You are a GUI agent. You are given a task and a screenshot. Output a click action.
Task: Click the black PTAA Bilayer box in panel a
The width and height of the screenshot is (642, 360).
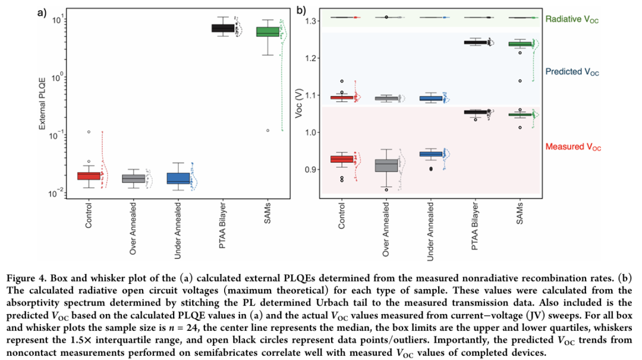pos(224,28)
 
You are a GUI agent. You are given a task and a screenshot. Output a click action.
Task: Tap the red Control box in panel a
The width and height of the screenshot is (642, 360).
pos(89,175)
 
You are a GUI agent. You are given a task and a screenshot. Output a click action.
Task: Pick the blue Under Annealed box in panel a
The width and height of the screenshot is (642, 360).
pos(178,178)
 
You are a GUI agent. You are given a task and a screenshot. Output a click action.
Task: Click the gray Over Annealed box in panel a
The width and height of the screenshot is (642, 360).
pos(133,178)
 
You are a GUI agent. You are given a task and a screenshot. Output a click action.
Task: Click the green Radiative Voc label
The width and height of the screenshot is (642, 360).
pos(572,19)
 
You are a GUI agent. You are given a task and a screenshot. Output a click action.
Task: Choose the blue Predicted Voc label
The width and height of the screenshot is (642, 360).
pos(572,72)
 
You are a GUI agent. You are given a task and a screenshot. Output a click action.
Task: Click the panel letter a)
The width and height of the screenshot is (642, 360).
pos(42,12)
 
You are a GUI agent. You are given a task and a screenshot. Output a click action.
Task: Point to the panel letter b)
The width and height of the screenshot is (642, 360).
pos(301,10)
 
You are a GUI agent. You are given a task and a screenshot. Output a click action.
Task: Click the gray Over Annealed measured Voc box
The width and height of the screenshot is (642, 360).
pos(386,165)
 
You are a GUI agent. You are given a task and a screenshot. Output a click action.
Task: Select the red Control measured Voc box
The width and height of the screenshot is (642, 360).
pos(342,159)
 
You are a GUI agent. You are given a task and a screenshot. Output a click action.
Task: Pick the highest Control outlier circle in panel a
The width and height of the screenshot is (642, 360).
pos(89,131)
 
